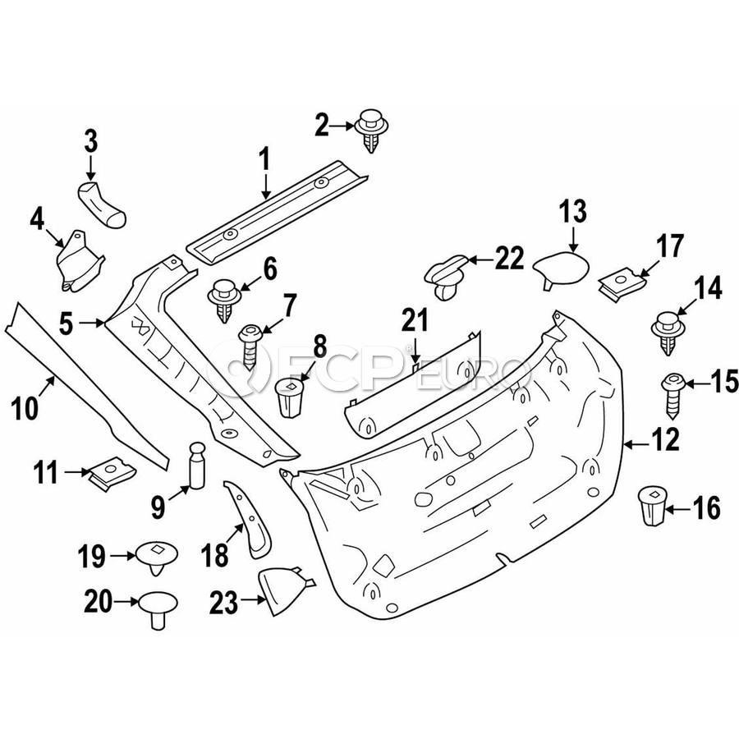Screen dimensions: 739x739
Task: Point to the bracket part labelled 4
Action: coord(79,263)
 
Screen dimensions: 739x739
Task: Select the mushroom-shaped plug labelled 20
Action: coord(157,608)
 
